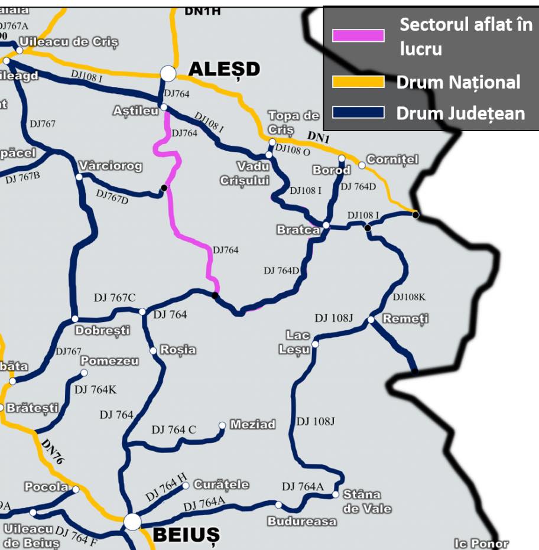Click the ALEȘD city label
coord(224,69)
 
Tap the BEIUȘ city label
coord(186,535)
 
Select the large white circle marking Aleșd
coord(168,73)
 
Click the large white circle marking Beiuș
coord(132,522)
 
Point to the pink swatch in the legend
coord(358,35)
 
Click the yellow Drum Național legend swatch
coord(358,82)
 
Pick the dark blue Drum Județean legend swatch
coord(358,112)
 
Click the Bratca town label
coord(298,230)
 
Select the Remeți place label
coord(405,319)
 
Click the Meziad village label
coord(252,424)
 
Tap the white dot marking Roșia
coord(154,351)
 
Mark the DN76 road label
coord(53,451)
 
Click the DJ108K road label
coord(409,297)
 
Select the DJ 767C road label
coord(115,298)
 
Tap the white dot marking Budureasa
coord(278,505)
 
